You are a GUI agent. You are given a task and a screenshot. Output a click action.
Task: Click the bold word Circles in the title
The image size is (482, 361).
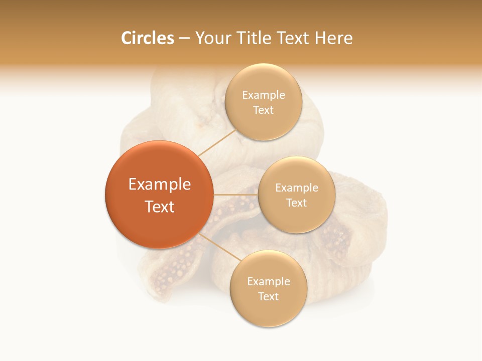(x=147, y=38)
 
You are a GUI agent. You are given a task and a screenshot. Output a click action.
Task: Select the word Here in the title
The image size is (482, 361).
(x=333, y=38)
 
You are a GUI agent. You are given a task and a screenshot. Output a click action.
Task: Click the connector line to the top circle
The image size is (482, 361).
(x=217, y=142)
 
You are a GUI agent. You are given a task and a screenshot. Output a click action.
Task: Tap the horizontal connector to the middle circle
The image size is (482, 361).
(x=236, y=195)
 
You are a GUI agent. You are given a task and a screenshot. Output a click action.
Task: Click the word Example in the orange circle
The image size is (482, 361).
(x=159, y=185)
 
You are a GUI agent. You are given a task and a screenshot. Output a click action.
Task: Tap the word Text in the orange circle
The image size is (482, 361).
(x=159, y=207)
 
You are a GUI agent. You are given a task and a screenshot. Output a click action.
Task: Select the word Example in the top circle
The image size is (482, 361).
(x=263, y=95)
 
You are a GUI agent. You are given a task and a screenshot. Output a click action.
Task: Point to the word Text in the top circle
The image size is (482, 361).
(x=263, y=110)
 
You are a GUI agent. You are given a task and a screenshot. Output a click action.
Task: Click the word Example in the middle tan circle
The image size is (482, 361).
(x=296, y=188)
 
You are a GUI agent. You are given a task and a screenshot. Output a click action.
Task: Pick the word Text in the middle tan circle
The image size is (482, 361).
(x=296, y=203)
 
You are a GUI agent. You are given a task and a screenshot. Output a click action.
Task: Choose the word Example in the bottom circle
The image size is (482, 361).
(x=268, y=282)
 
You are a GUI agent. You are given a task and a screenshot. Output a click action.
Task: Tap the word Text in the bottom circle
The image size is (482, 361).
(x=268, y=297)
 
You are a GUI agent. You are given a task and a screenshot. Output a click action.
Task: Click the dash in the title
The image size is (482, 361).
(x=184, y=39)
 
